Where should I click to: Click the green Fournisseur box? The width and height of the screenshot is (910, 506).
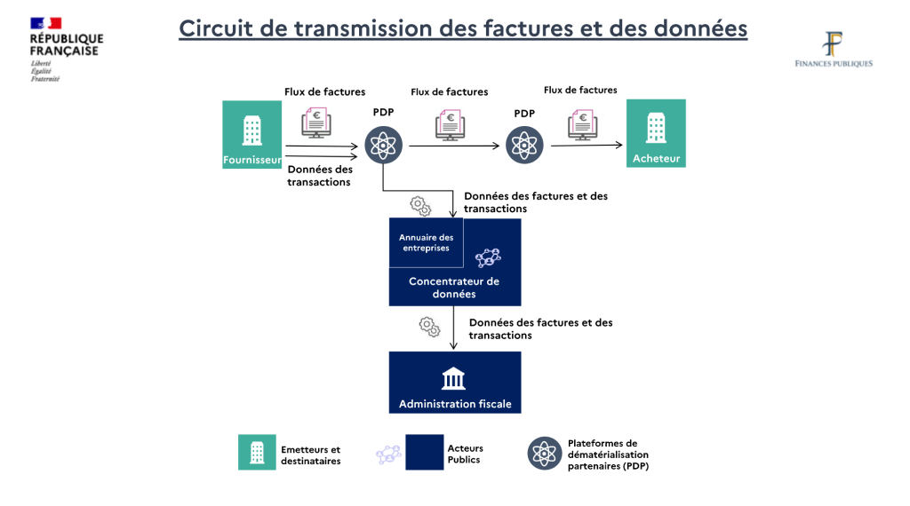(x=251, y=134)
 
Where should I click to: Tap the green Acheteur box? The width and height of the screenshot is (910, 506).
(x=656, y=133)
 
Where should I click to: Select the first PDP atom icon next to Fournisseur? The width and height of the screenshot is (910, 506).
(x=383, y=144)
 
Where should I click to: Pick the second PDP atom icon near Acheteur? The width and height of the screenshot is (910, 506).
(x=524, y=144)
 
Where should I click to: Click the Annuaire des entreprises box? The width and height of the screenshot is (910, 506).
(x=426, y=242)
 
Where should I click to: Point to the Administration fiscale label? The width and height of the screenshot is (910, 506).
(x=455, y=404)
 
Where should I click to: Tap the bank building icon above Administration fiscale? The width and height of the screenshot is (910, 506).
(x=454, y=379)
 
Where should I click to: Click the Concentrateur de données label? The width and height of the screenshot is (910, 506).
(x=454, y=288)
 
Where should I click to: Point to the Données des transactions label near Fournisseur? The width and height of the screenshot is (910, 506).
(x=319, y=176)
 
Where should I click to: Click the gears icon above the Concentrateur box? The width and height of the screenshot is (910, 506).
(x=420, y=207)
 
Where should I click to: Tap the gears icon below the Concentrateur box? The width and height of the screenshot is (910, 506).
(x=429, y=326)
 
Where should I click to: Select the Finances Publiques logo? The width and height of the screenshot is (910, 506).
(x=834, y=50)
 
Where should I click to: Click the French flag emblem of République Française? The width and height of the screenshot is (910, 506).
(x=45, y=23)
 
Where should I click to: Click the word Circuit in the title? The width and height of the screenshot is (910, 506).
(x=218, y=28)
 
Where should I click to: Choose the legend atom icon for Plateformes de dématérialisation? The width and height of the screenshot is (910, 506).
(x=543, y=454)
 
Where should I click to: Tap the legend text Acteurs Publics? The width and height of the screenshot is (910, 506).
(x=465, y=455)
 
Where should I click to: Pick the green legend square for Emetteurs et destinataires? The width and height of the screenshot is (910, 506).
(x=257, y=452)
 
